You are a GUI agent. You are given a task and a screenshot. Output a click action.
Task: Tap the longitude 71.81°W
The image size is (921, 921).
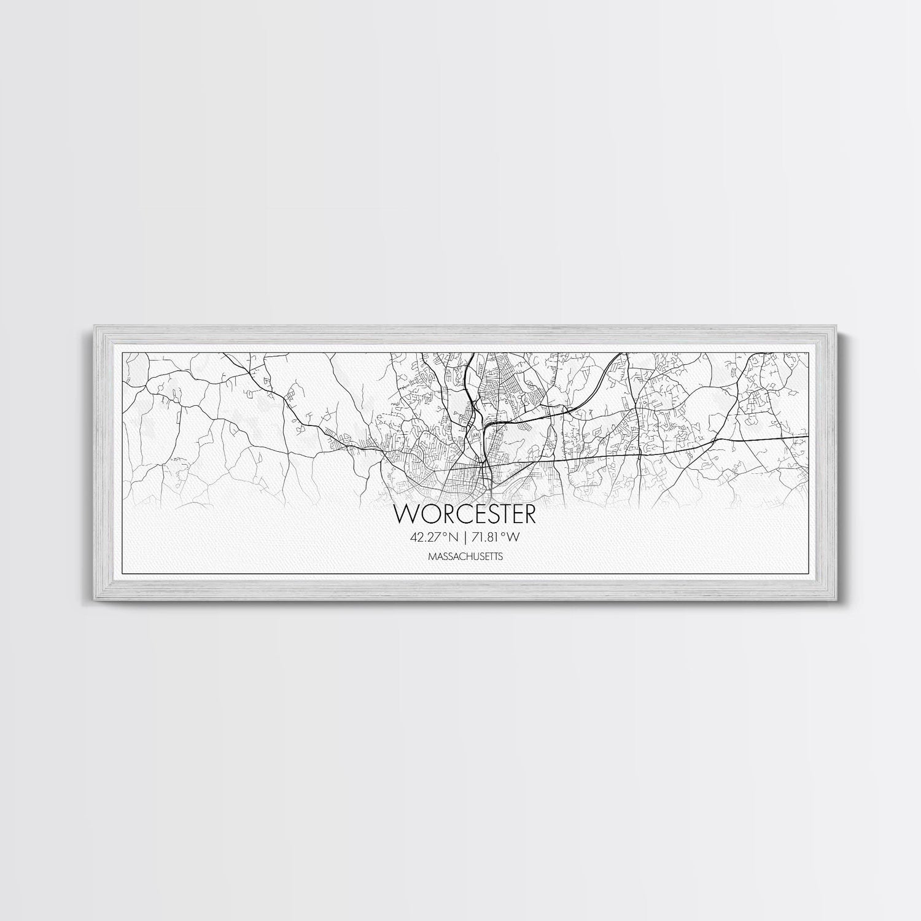coord(494,537)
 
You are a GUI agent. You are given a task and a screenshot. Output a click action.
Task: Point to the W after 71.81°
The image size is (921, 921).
coord(514,537)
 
